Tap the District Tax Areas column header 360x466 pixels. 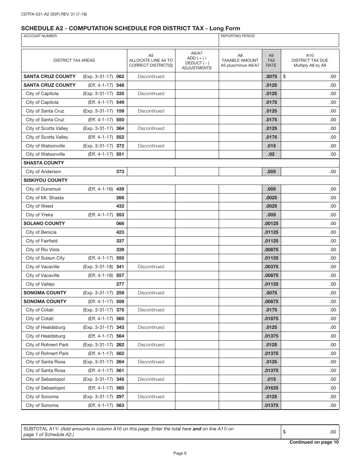[74, 60]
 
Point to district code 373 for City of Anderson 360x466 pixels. [120, 172]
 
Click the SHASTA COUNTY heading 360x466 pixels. [44, 163]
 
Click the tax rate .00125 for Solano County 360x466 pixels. [271, 224]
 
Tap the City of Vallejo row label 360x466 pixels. [40, 284]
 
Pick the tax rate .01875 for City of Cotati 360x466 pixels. [271, 319]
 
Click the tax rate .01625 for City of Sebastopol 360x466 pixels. [271, 388]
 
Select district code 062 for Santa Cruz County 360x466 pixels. [120, 77]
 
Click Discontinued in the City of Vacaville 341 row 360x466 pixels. [151, 267]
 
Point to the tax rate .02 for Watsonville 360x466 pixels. [271, 154]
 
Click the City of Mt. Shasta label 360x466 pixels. [45, 198]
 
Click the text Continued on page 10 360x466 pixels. [314, 442]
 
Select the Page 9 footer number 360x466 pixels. [180, 453]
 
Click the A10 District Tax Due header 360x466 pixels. [310, 60]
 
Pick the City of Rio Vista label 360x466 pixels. [42, 250]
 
